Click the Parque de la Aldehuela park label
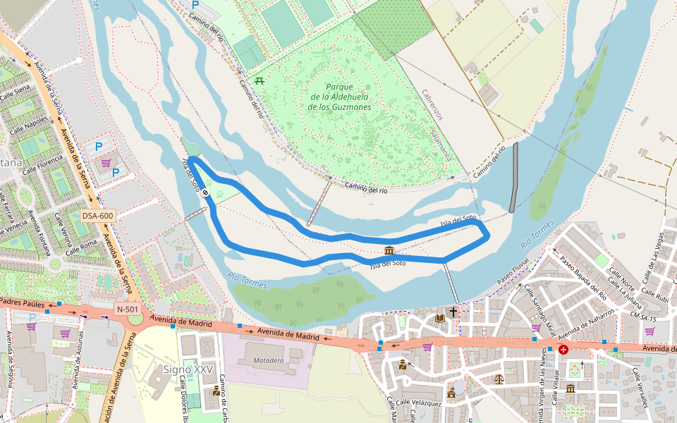click(x=339, y=97)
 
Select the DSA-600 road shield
click(x=97, y=216)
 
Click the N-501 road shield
click(x=128, y=309)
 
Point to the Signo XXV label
click(x=188, y=369)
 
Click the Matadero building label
click(x=268, y=360)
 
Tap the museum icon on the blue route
click(x=389, y=250)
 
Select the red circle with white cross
click(x=563, y=349)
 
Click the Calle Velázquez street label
click(x=416, y=404)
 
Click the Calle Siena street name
click(x=16, y=92)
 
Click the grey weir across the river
click(x=513, y=177)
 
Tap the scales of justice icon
click(x=499, y=379)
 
